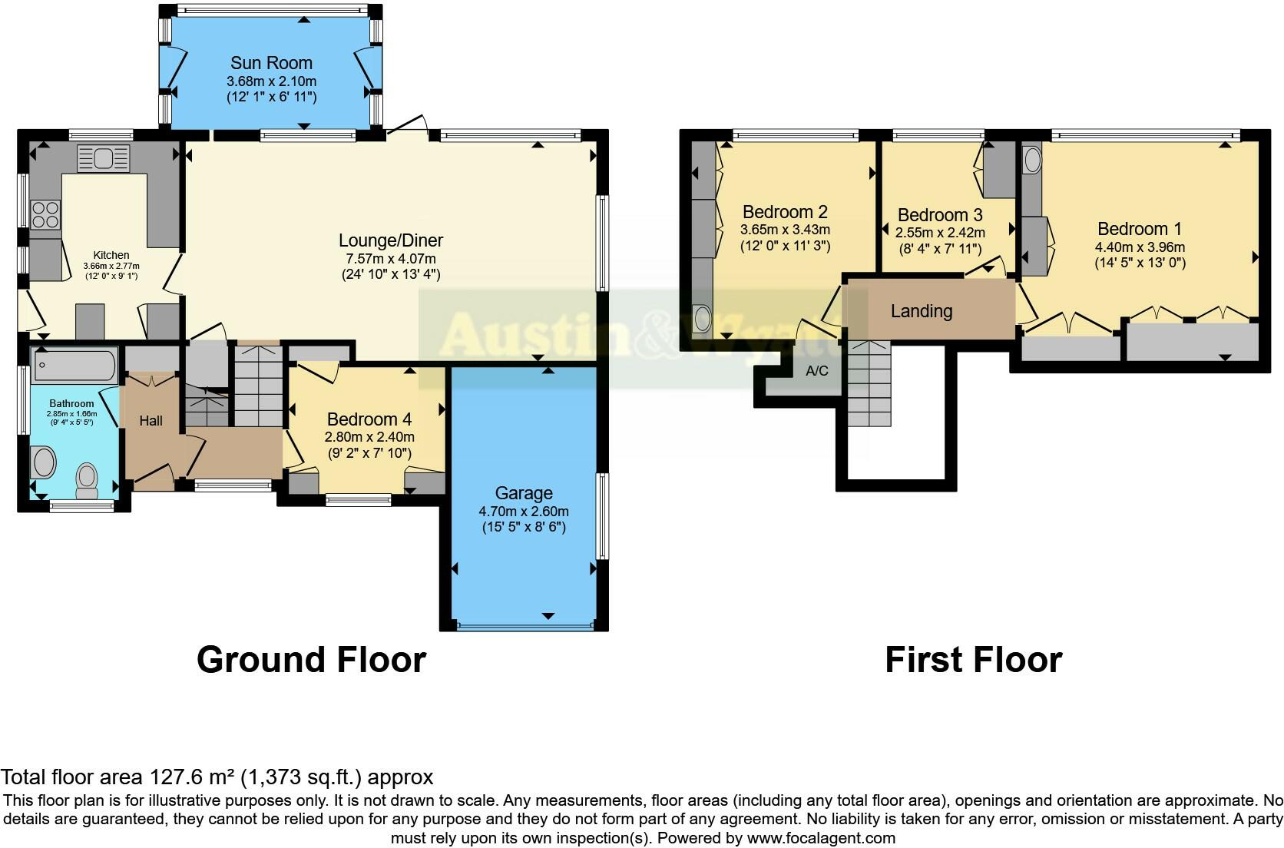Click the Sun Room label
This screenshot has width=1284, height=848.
[271, 62]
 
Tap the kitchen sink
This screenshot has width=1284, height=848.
[103, 158]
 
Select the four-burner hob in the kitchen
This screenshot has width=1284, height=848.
[45, 214]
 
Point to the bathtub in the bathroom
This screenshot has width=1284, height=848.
[75, 365]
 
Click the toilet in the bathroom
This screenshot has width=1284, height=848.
[87, 481]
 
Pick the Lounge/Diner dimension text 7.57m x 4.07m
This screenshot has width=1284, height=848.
[391, 259]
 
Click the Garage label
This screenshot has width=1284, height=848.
[524, 493]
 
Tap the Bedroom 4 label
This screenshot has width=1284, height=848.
[369, 419]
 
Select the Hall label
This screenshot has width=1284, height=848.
[151, 421]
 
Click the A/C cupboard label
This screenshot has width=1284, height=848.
[817, 371]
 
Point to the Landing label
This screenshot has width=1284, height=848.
[922, 311]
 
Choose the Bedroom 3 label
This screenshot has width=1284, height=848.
[940, 215]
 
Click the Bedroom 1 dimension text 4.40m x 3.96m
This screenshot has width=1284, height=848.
[1140, 247]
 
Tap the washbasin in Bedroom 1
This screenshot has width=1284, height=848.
[1032, 160]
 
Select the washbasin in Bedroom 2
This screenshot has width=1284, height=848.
[702, 319]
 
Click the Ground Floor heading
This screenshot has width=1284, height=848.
[311, 659]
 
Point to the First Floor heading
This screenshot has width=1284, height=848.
[974, 659]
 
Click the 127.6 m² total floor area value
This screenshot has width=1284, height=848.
[191, 777]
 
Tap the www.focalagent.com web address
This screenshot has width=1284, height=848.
[821, 838]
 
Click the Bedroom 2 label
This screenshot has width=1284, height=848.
[786, 212]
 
